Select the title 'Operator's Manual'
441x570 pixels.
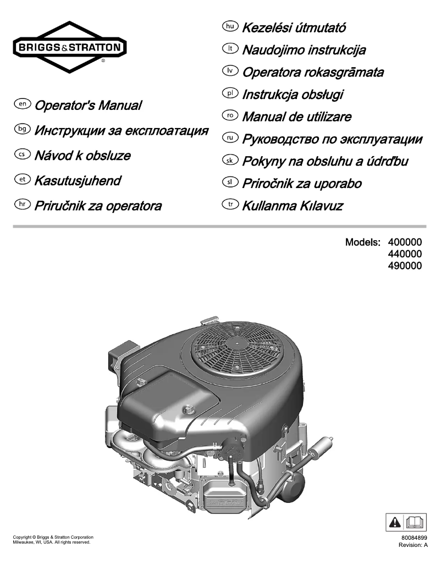88,105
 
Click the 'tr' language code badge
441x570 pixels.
228,206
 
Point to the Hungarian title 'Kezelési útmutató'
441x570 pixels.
294,27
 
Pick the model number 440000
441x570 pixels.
405,254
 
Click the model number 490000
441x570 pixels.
405,266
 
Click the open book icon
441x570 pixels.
414,521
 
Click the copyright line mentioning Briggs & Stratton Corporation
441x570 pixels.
53,536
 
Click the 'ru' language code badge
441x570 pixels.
228,138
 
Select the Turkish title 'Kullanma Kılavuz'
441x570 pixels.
293,206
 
